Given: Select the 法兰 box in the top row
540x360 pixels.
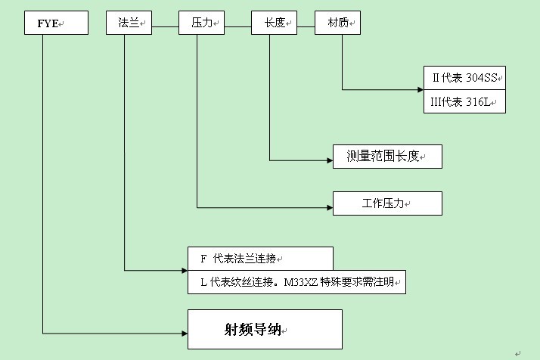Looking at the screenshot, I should tap(129, 23).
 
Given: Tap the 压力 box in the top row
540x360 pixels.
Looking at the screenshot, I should tap(201, 23).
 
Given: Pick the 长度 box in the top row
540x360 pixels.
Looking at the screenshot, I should tap(274, 23).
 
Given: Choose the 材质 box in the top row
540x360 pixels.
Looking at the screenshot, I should tap(337, 23).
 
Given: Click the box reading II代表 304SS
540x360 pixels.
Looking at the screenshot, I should tap(464, 78).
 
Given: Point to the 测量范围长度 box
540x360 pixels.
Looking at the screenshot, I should tap(387, 157).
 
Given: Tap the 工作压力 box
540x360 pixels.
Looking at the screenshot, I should tap(387, 204).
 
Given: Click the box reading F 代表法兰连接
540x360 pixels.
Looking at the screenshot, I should tap(259, 258).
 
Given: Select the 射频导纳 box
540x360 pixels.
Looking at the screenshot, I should tap(265, 329).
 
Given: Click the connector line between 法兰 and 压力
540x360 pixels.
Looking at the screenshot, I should tap(166, 28).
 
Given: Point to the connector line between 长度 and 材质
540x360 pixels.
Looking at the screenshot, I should tap(306, 28).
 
